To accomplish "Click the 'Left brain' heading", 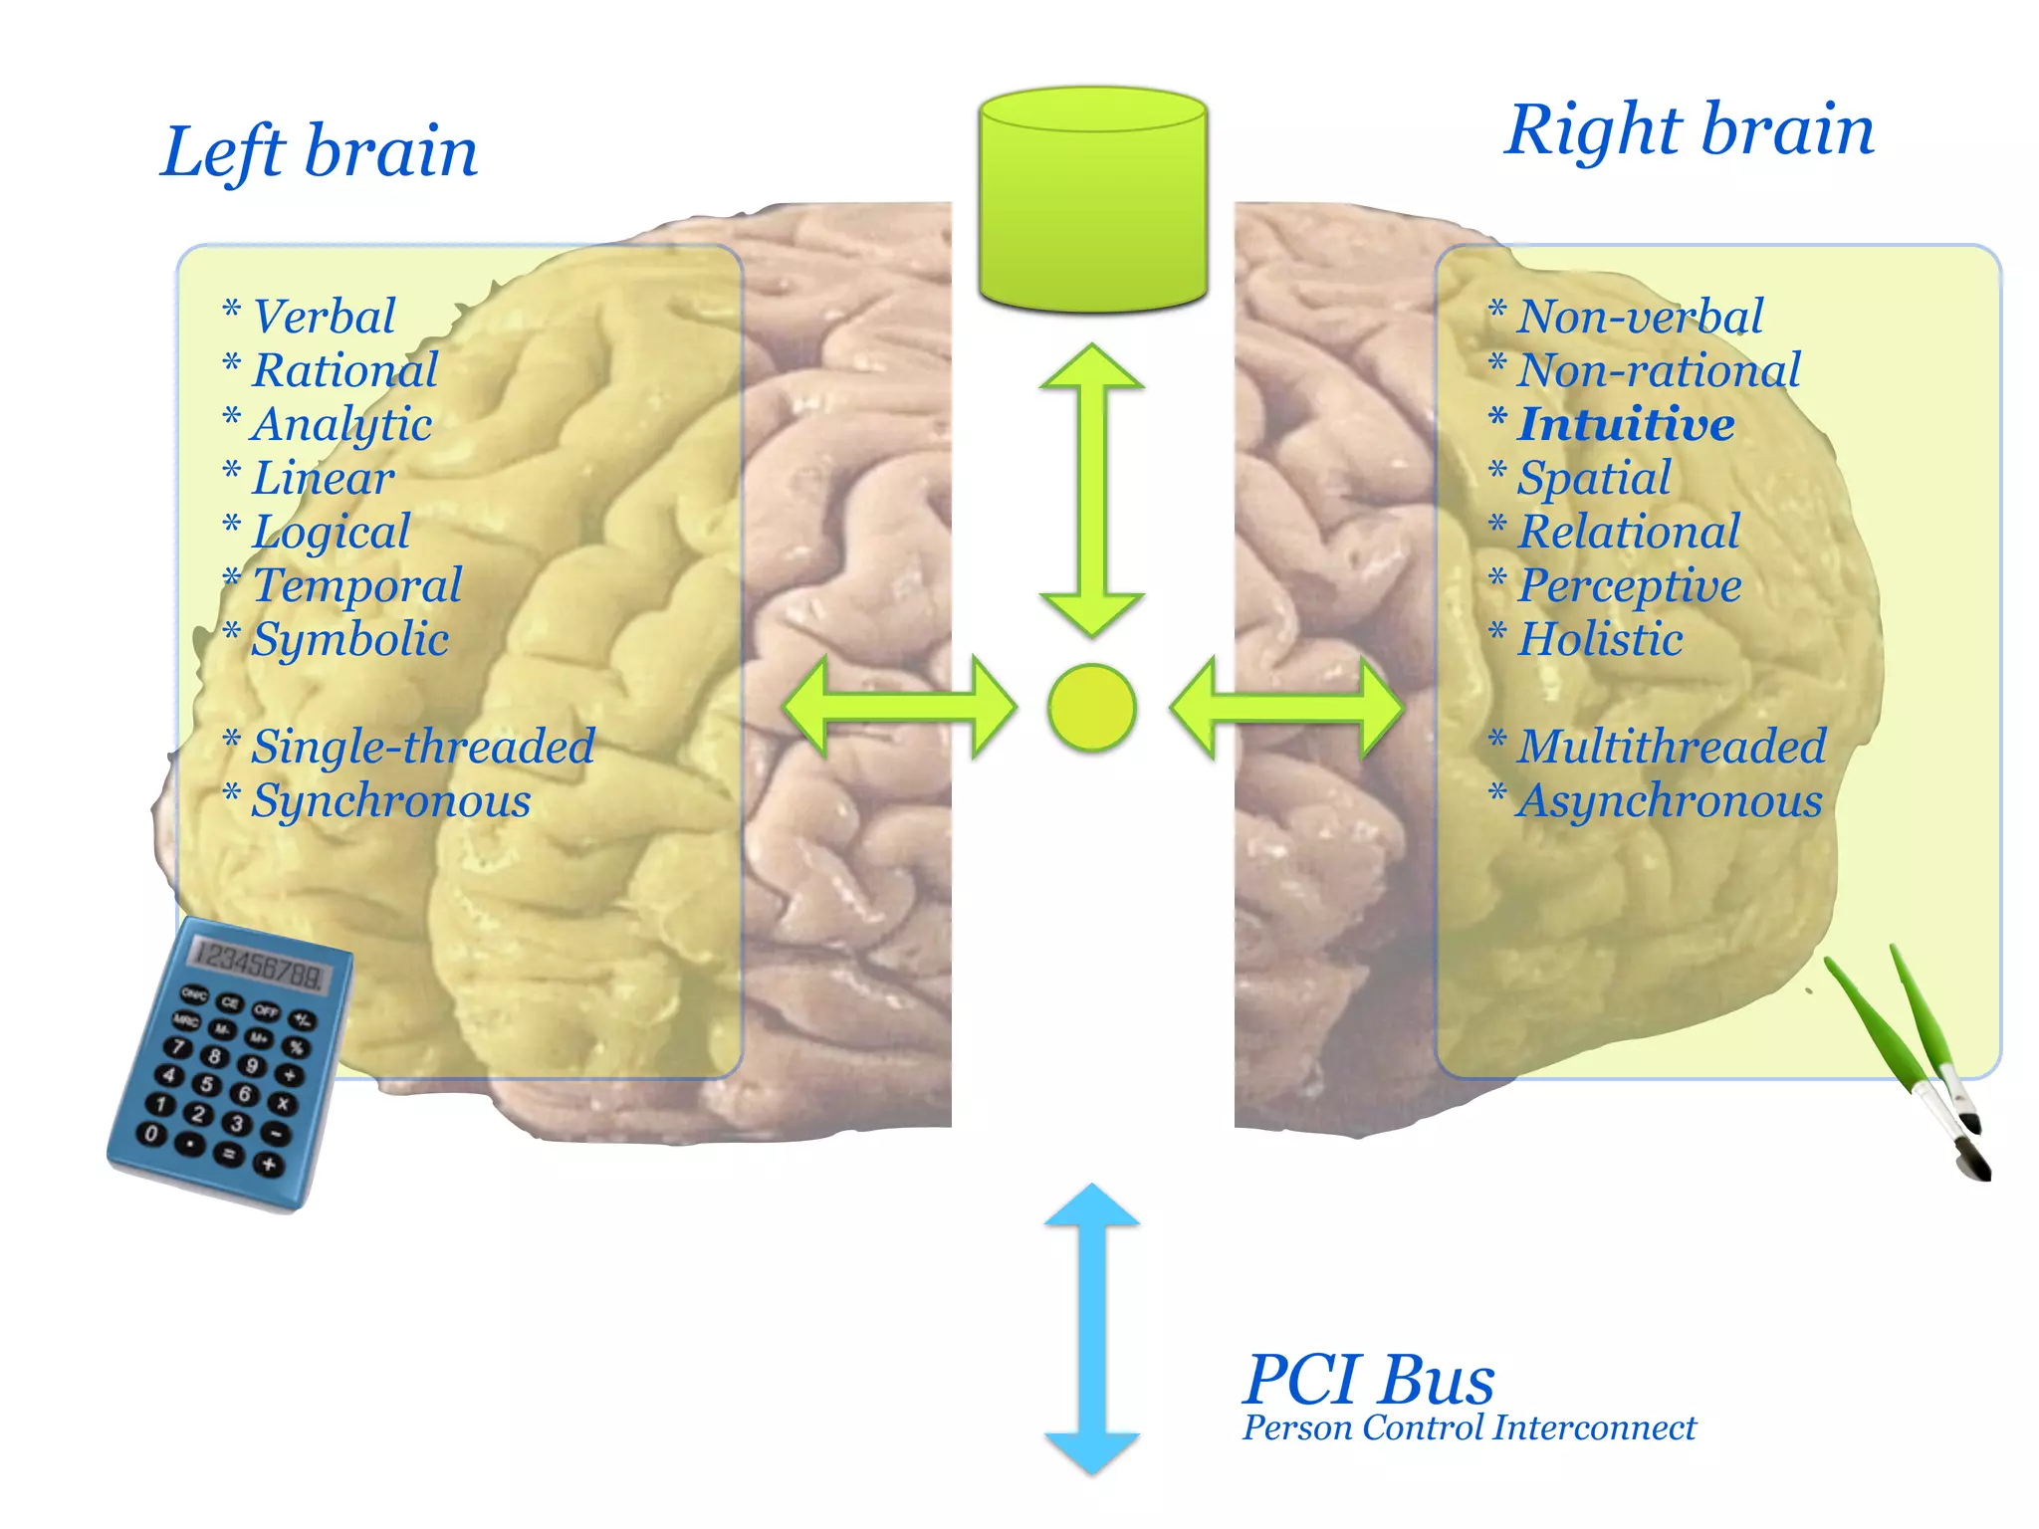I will click(x=320, y=152).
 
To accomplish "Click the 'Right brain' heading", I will click(x=1690, y=130).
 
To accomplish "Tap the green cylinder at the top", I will click(x=1093, y=199).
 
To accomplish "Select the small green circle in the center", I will click(x=1091, y=707).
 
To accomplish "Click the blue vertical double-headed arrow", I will click(x=1092, y=1329).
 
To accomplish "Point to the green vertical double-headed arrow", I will click(x=1092, y=490).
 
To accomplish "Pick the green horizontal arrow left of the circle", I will click(x=900, y=707).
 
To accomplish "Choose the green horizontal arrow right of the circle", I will click(x=1286, y=707).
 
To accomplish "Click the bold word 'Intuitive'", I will click(x=1625, y=425).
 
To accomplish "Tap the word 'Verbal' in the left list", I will click(x=324, y=318).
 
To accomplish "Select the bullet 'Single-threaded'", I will click(x=423, y=747).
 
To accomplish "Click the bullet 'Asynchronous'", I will click(x=1669, y=801).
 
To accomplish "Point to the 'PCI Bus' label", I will click(x=1369, y=1381).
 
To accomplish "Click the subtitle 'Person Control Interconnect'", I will click(x=1469, y=1428).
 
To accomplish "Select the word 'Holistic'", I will click(x=1600, y=640).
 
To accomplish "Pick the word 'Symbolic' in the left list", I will click(x=349, y=640).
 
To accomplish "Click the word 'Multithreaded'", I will click(x=1672, y=747).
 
